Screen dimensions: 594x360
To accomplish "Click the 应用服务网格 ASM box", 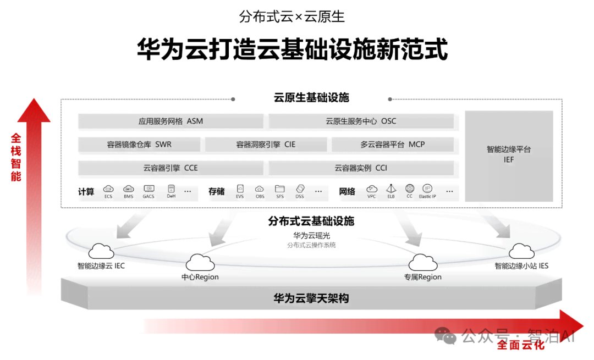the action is click(170, 121).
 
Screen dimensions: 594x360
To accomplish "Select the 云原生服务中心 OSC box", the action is click(361, 121).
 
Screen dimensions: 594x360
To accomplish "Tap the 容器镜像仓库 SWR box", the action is click(139, 145).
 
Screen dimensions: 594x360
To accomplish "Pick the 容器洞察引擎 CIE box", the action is click(266, 145).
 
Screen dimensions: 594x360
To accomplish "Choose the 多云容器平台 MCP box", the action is click(392, 145).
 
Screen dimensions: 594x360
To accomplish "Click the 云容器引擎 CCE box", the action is click(170, 168).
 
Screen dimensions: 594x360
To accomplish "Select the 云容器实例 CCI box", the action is click(361, 168).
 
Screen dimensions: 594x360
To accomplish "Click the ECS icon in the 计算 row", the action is click(108, 189).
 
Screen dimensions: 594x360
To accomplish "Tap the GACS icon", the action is click(148, 189).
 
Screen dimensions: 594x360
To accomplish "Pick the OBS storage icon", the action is click(260, 189).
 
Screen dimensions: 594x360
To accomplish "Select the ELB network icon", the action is click(391, 189).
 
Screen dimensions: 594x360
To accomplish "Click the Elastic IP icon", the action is click(427, 189).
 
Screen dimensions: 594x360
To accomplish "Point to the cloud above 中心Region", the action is click(200, 262).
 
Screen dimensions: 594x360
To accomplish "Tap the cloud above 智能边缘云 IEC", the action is click(101, 251).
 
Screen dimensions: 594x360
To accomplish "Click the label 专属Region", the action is click(422, 277).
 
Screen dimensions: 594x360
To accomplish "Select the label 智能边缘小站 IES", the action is click(521, 266).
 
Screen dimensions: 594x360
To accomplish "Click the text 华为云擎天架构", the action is click(311, 298).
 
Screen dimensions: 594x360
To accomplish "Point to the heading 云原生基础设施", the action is click(311, 98).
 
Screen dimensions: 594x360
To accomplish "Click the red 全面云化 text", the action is click(521, 345).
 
